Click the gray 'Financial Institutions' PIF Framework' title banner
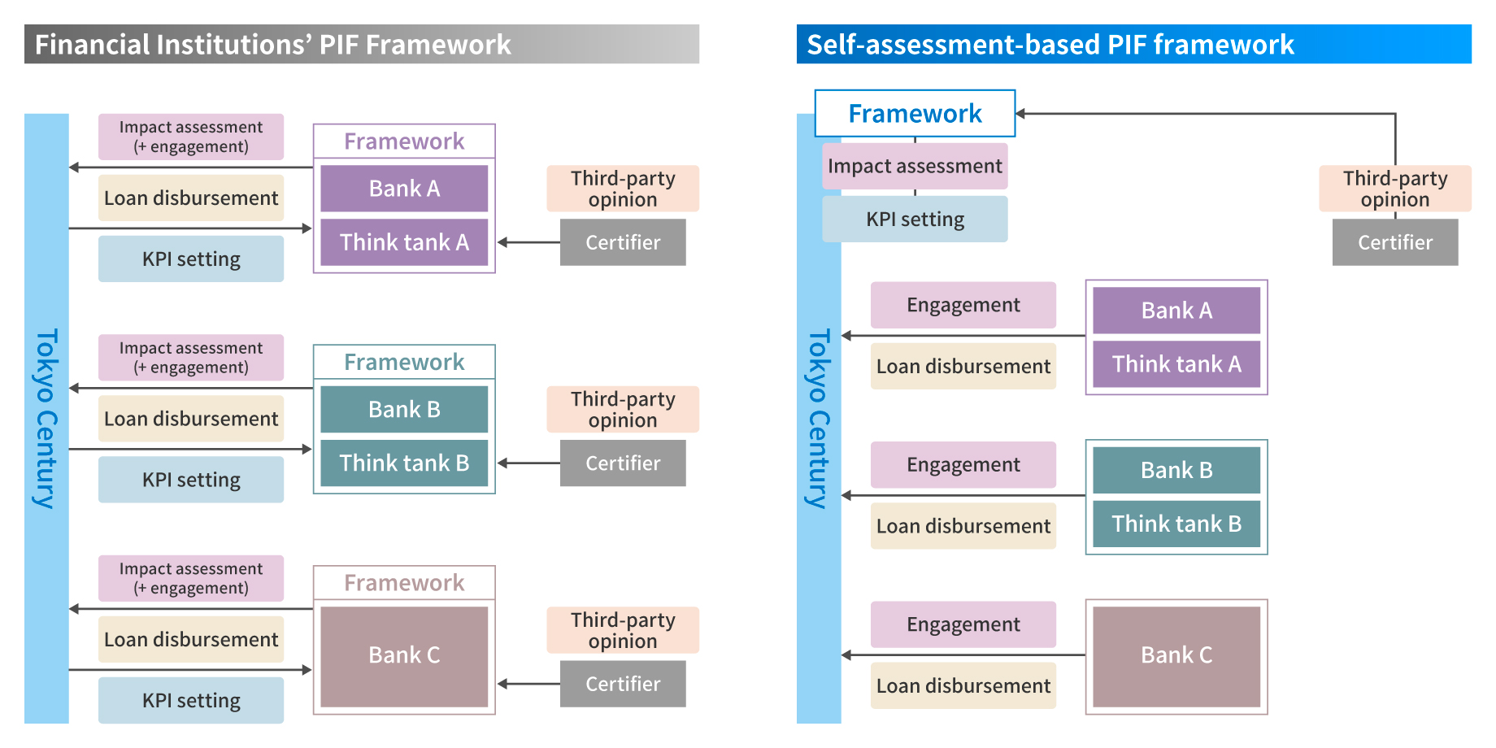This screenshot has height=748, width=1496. point(361,44)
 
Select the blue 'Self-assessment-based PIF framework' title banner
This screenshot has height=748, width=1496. point(1133,44)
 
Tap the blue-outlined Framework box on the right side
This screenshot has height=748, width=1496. point(915,114)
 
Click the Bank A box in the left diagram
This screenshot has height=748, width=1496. point(404,189)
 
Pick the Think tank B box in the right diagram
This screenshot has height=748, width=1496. point(1176,524)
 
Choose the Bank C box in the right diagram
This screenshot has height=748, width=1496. point(1176,655)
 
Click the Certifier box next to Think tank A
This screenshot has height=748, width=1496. point(623,242)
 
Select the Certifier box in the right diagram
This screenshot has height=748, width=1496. point(1394,242)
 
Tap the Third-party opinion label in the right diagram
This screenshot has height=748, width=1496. point(1394,189)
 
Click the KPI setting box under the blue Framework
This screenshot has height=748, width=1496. point(915,220)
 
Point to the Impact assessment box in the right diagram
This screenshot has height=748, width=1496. point(915,167)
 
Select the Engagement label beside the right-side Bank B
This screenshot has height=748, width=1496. point(963,465)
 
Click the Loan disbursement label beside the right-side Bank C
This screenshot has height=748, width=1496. point(963,686)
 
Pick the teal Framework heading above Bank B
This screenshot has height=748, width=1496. point(404,362)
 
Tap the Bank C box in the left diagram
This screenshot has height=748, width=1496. point(404,655)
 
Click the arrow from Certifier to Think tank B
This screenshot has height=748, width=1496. point(528,463)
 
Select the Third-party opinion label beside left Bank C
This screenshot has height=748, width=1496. point(623,630)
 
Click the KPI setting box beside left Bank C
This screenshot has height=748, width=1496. point(191,701)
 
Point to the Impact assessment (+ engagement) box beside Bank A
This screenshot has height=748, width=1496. point(191,137)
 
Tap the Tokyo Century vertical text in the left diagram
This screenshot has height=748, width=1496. point(46,418)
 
